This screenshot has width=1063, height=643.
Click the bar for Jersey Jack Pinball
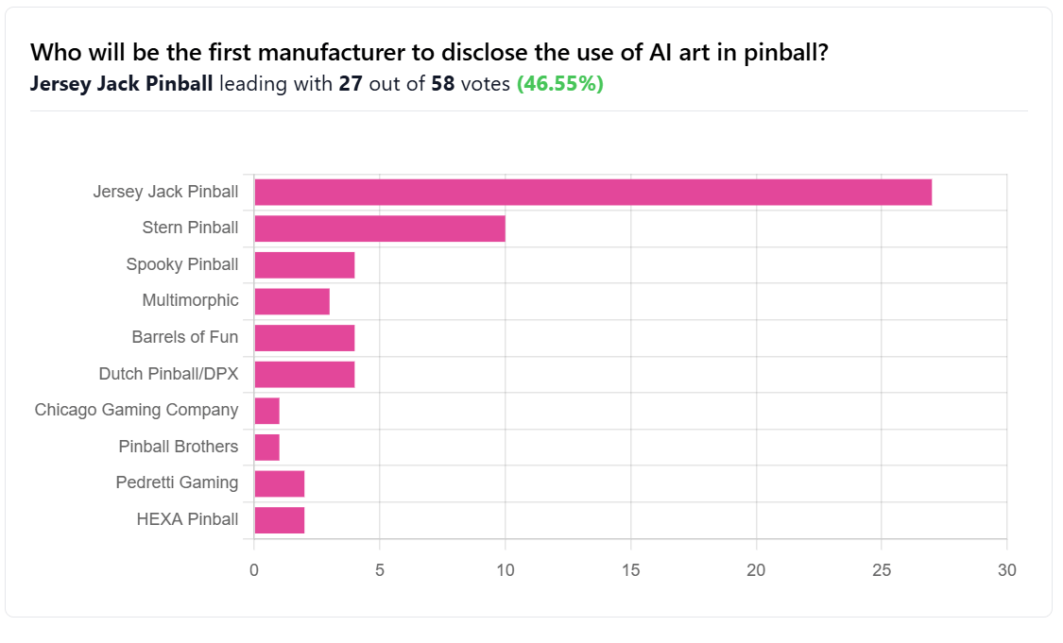(592, 192)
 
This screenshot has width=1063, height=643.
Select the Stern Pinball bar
(380, 228)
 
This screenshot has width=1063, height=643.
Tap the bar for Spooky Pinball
(304, 264)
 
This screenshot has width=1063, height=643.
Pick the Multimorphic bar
(292, 301)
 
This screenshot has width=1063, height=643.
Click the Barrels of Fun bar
(304, 337)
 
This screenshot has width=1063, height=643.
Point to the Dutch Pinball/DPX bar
(304, 374)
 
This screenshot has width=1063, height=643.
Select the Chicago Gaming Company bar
(267, 411)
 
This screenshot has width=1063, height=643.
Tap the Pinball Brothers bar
(267, 447)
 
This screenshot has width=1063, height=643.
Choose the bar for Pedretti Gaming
(280, 483)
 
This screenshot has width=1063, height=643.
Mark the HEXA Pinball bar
(280, 519)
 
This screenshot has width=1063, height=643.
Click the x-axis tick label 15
(630, 570)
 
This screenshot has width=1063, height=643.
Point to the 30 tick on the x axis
(1006, 570)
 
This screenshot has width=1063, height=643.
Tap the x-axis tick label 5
(380, 570)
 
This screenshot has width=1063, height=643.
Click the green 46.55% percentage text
(560, 84)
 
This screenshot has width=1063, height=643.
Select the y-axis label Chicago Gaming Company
(136, 410)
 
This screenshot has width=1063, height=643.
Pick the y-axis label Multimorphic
(190, 300)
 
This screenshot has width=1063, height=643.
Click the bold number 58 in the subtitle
(443, 84)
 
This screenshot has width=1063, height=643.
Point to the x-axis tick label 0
(254, 570)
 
